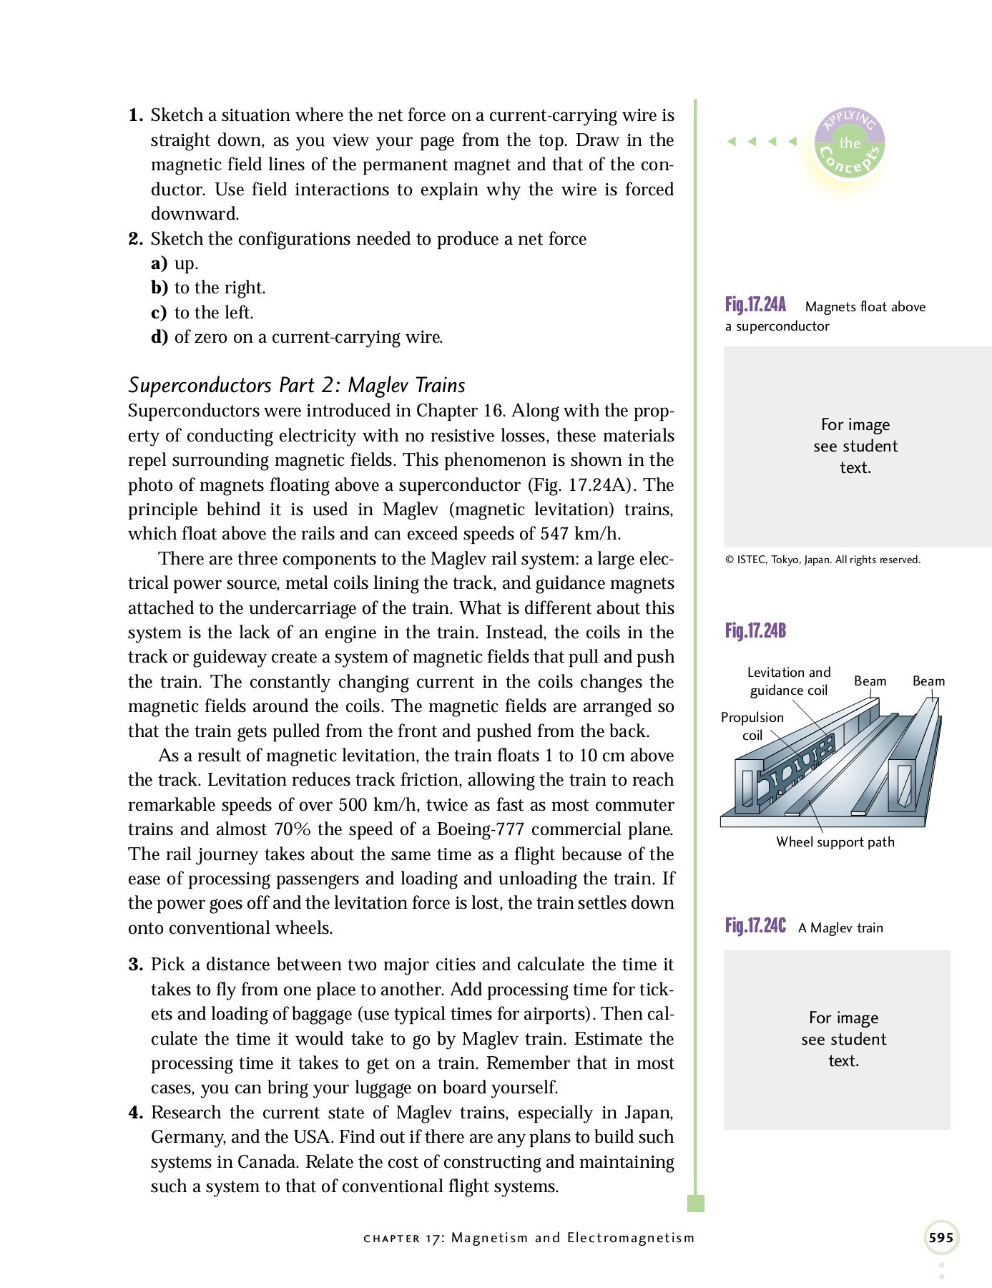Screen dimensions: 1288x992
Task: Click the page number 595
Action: [941, 1237]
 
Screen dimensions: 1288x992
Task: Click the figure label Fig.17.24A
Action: [755, 306]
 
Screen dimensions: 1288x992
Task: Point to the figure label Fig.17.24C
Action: [755, 926]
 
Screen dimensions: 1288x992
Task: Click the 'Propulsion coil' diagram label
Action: [752, 726]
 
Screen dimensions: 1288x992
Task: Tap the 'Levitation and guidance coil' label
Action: [788, 681]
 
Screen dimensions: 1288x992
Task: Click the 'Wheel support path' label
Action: [835, 842]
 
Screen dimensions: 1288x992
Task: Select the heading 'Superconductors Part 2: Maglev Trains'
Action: [296, 385]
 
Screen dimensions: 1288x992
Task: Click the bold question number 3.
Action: [136, 965]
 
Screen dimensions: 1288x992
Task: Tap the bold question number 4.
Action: [136, 1113]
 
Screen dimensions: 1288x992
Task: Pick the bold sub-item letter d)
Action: [159, 337]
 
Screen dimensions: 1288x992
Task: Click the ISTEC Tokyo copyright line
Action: [822, 560]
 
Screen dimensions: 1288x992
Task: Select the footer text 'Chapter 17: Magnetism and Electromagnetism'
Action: [529, 1238]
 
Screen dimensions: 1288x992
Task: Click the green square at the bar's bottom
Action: [695, 1203]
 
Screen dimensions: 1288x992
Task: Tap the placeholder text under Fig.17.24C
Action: [843, 1039]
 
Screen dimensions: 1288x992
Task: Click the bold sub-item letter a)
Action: [159, 263]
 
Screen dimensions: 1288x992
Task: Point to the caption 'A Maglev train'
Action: [840, 928]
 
